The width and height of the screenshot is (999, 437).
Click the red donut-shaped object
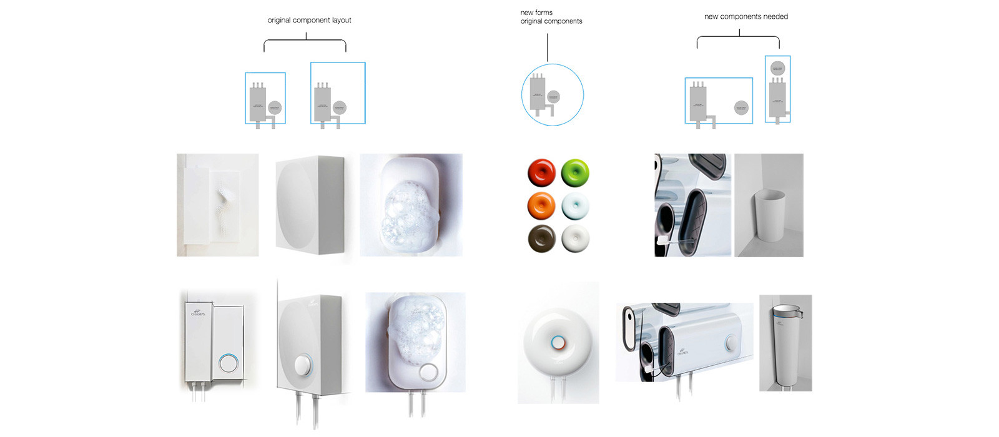pos(541,172)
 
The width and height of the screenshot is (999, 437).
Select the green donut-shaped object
pos(575,172)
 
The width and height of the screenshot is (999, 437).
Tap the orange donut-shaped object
pos(541,205)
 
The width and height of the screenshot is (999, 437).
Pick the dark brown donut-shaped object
pos(541,238)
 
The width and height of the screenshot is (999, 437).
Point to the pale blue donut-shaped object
pos(575,205)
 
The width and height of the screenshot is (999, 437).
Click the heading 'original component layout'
pos(309,20)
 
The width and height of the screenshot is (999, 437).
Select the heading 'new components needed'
pos(746,17)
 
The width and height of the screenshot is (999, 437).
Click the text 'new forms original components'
pos(551,17)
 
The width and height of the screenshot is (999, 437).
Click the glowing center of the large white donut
pos(558,342)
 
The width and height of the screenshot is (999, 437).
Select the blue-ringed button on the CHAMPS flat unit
pos(229,363)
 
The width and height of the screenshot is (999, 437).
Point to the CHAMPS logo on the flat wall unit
pos(199,312)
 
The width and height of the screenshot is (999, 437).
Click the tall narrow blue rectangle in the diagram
pos(777,89)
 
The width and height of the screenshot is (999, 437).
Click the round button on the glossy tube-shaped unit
pos(731,344)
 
